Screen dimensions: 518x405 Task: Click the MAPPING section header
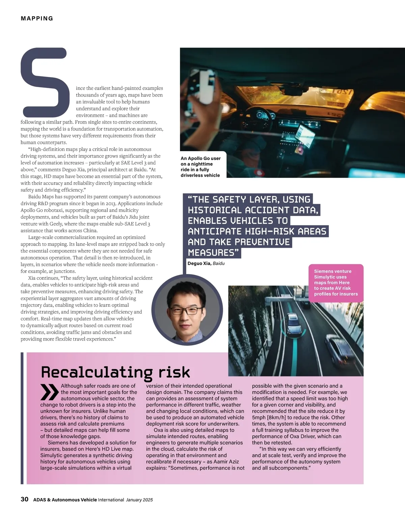(37, 19)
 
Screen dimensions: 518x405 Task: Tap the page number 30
(25, 499)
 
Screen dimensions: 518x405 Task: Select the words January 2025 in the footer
(139, 500)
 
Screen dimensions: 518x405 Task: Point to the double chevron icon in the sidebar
(49, 392)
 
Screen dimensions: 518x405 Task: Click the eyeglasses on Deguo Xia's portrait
(187, 310)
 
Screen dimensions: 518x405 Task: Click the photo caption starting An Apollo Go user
(200, 167)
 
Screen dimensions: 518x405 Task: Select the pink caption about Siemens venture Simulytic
(336, 282)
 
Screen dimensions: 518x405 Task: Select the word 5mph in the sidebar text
(259, 417)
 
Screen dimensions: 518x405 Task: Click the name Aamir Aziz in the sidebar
(226, 462)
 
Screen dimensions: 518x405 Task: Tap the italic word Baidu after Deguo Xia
(219, 263)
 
